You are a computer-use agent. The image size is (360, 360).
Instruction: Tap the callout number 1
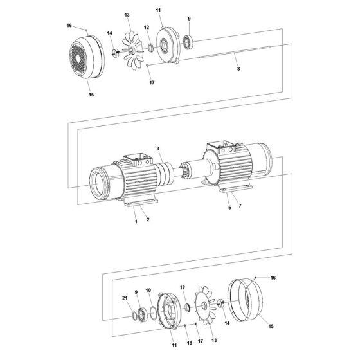pyautogui.click(x=136, y=221)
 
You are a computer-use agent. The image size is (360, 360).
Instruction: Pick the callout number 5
pyautogui.click(x=228, y=208)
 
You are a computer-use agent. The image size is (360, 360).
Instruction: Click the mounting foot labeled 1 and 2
pyautogui.click(x=141, y=204)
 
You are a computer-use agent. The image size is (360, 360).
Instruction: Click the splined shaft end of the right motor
pyautogui.click(x=193, y=174)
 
